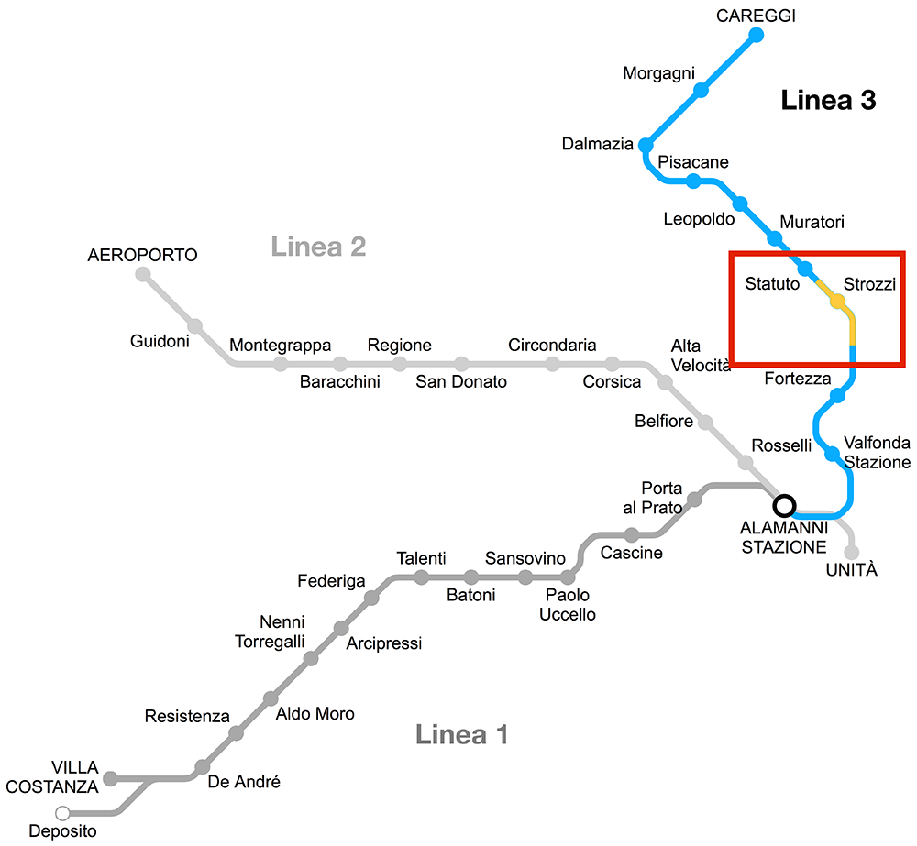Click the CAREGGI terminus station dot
pos(757,35)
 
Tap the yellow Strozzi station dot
pos(837,301)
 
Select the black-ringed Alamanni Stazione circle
pos(784,505)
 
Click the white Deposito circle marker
pos(62,812)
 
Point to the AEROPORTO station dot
pos(143,274)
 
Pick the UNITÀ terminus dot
pos(852,552)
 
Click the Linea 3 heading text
pos(828,101)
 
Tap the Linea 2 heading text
pos(318,246)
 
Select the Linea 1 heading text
pos(461,733)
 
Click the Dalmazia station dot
pos(646,145)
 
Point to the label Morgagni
pos(658,73)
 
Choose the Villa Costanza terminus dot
pos(111,779)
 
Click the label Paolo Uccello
pos(567,605)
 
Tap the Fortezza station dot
pos(837,396)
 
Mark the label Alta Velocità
pos(701,356)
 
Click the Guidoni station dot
pos(194,325)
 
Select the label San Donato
pos(461,381)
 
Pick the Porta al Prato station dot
pos(695,500)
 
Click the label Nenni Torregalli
pos(270,632)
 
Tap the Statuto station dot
pos(805,269)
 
